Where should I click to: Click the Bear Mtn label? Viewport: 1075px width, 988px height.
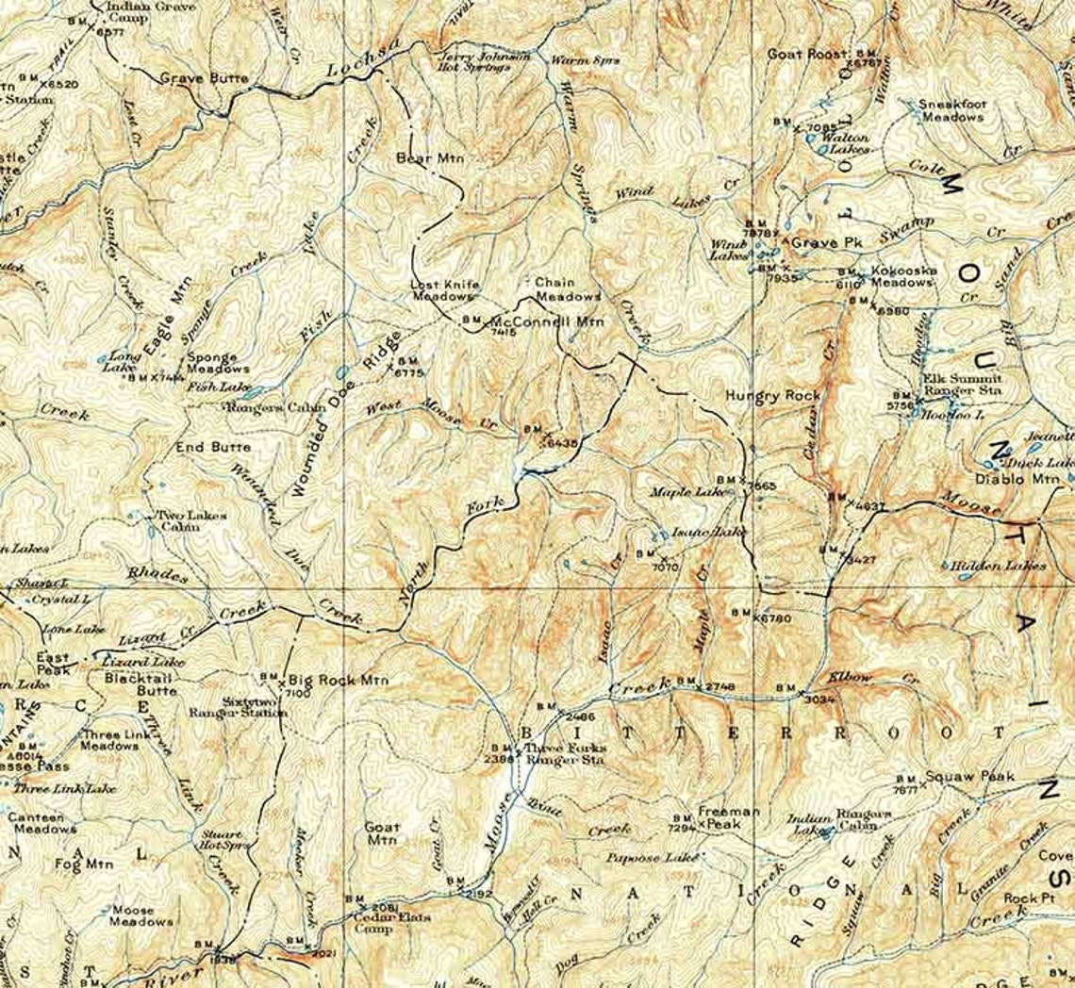[x=431, y=158]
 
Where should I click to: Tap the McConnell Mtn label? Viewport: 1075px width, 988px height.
[x=547, y=321]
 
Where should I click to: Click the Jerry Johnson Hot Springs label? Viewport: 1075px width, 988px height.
[x=484, y=62]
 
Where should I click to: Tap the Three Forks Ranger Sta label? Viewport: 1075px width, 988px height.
[x=565, y=753]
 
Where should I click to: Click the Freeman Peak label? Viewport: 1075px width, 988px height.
[x=729, y=817]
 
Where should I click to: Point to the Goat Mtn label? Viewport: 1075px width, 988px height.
[x=382, y=833]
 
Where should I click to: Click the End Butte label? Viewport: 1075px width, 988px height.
[x=213, y=447]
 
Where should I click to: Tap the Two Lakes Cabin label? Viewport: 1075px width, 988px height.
[x=178, y=521]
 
